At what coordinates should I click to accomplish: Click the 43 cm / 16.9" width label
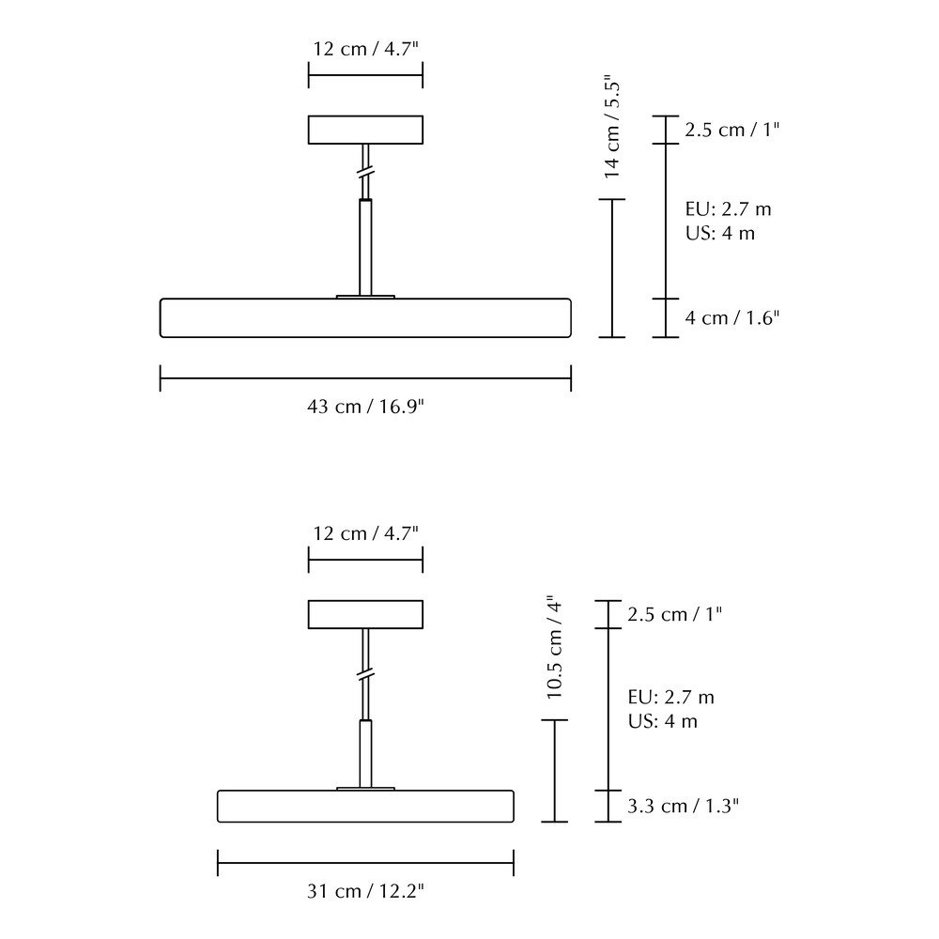point(365,407)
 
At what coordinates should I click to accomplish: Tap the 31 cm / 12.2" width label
point(365,891)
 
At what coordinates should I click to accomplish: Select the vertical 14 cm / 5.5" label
point(611,127)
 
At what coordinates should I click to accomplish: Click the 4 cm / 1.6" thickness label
point(731,317)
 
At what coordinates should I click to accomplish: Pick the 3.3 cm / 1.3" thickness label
point(683,806)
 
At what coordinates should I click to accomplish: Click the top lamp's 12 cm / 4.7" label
point(365,49)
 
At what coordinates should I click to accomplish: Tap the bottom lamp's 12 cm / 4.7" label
point(365,533)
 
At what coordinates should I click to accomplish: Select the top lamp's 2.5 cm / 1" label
point(731,130)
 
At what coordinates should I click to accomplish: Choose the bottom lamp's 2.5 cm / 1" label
point(674,614)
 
